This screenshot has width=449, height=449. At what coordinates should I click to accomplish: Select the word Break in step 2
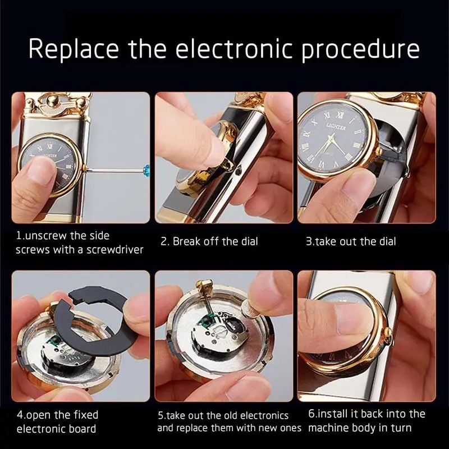tap(186, 241)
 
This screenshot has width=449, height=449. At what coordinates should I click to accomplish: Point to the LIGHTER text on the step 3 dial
tap(336, 126)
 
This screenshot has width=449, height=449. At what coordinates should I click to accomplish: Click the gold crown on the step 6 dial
tap(388, 332)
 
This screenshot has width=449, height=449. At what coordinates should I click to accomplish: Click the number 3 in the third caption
tap(309, 242)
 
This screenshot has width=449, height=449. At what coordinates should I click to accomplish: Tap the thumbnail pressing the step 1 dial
tap(43, 171)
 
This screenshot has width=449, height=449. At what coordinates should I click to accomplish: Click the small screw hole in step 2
tap(238, 172)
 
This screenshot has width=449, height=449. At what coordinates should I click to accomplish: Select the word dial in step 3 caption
tap(388, 241)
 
